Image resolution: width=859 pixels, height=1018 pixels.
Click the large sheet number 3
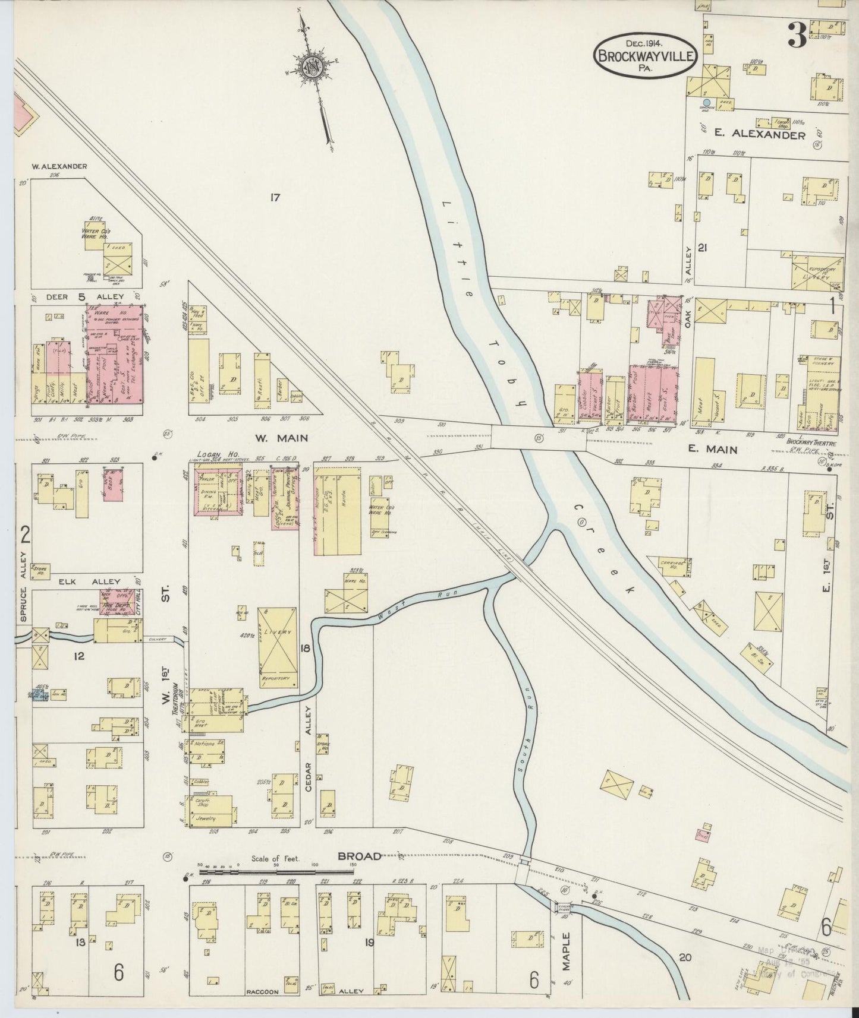click(x=796, y=37)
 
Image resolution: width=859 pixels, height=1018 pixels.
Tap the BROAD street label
click(x=359, y=856)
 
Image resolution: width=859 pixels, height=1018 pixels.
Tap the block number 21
click(x=703, y=248)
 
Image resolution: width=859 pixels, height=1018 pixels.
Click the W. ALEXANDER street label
click(x=59, y=167)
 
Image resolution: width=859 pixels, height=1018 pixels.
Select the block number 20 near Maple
click(x=685, y=957)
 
